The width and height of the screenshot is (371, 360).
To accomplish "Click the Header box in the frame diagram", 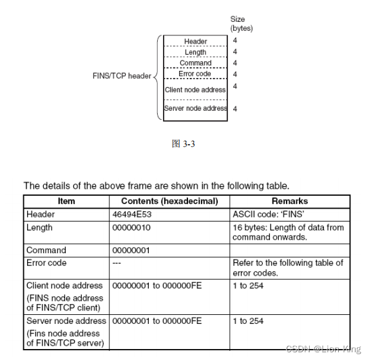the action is point(195,41).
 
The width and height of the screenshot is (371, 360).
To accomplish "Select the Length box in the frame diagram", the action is point(195,52).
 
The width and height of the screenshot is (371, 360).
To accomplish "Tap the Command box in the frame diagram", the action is point(195,63).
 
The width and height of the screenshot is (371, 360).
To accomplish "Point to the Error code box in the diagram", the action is point(195,74).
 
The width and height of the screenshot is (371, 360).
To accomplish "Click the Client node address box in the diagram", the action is point(195,90).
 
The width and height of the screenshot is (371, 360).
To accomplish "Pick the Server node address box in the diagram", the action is point(195,108).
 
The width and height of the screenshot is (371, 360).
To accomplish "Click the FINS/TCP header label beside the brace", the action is point(122,76).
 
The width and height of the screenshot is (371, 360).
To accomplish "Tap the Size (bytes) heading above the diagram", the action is point(242,24).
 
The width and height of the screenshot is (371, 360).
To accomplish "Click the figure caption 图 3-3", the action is point(184,144).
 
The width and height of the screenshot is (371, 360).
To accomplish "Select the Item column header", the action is point(66,201).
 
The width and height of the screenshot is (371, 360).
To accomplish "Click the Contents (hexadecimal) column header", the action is point(169,201).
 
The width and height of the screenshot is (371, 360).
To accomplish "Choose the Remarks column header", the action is point(289,201).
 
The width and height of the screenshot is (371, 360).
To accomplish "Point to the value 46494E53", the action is point(133,214).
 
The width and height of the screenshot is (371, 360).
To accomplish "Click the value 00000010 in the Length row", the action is point(133,227).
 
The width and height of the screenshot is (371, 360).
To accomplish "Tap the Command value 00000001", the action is point(133,250).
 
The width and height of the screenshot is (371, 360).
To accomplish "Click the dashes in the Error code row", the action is point(117,263).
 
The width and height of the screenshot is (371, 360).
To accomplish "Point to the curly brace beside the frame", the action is point(157,77).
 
